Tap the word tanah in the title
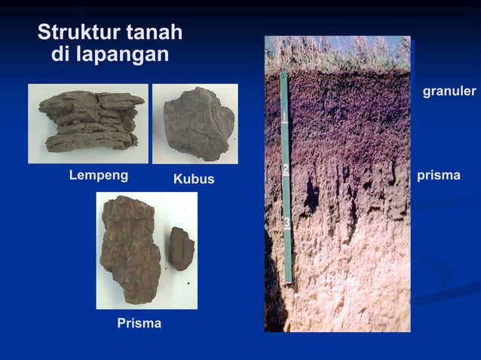click(x=154, y=33)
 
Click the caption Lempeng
click(x=99, y=175)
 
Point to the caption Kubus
click(x=194, y=179)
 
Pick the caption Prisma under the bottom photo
click(x=139, y=324)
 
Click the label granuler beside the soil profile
click(x=449, y=91)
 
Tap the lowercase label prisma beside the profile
click(x=438, y=175)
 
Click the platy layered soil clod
click(x=90, y=121)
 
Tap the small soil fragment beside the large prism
click(x=181, y=248)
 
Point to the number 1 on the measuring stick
click(x=285, y=117)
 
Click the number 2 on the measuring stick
click(x=286, y=169)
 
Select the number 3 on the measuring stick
click(x=287, y=222)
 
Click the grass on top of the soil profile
click(x=337, y=53)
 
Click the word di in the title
click(x=64, y=55)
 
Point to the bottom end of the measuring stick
click(x=288, y=280)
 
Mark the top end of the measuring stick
click(x=283, y=75)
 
